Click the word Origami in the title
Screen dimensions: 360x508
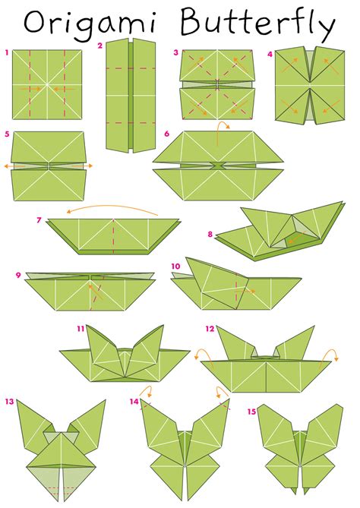pos(90,24)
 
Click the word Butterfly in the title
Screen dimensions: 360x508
pos(257,24)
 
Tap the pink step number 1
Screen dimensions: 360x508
pos(7,52)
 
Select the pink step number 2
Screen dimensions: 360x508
pos(99,46)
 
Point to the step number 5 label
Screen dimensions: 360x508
pos(7,134)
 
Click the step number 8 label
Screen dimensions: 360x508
pos(210,234)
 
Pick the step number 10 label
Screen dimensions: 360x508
pos(175,267)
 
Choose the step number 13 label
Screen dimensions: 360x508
pos(9,402)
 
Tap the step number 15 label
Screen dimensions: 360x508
pos(251,412)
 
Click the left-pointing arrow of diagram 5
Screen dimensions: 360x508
pos(14,166)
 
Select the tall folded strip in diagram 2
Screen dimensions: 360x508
pos(131,96)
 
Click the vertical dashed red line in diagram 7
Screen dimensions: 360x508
pos(113,236)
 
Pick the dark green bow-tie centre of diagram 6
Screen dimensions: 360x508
pos(218,166)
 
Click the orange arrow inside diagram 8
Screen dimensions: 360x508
pos(296,238)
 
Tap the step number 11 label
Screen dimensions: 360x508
pos(81,329)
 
